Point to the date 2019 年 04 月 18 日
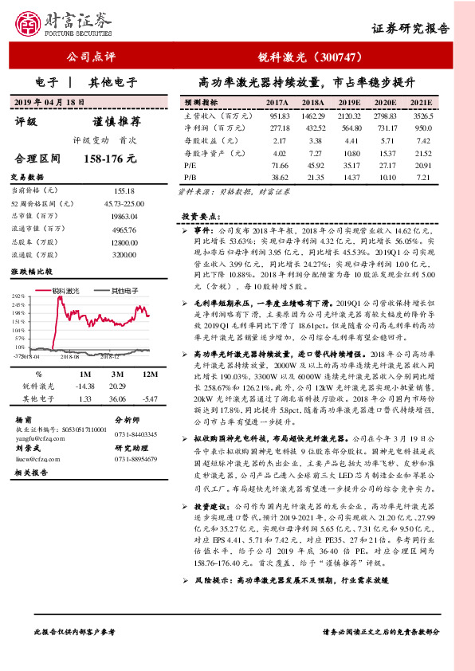point(50,103)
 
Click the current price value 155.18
point(124,191)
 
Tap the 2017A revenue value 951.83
point(279,116)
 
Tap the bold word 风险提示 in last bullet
point(214,604)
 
